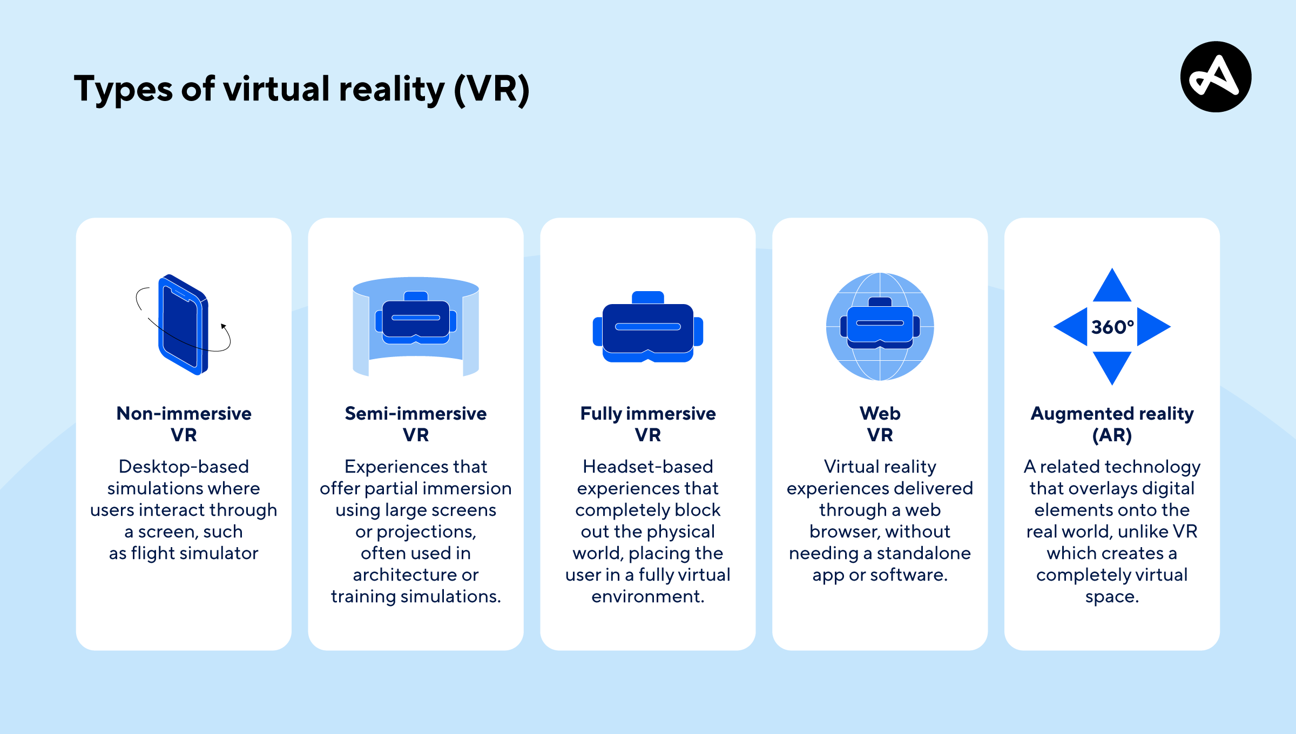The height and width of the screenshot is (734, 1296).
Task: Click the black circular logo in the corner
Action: [1216, 77]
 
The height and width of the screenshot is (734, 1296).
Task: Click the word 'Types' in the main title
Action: [124, 89]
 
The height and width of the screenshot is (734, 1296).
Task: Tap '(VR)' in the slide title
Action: [491, 89]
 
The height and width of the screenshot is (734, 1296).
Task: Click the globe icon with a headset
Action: [880, 327]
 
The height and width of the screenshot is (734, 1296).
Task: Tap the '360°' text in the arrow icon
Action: [1112, 327]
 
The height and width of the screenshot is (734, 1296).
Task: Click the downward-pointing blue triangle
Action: [1112, 366]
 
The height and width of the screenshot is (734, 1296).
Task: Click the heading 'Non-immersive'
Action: [184, 413]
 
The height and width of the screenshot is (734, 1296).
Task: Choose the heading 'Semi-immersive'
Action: [416, 413]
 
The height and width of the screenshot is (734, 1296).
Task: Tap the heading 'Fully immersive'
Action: [648, 413]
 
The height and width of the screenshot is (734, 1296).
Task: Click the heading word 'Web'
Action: [880, 413]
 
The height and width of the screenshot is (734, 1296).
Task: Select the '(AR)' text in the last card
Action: [1112, 435]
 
